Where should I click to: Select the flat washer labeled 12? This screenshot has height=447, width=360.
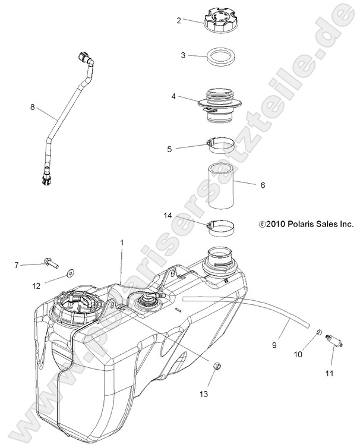pyautogui.click(x=71, y=273)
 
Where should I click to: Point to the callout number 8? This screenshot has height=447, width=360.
pyautogui.click(x=32, y=108)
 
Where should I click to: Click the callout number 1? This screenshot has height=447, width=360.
pyautogui.click(x=122, y=243)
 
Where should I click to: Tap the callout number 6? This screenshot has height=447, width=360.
pyautogui.click(x=262, y=185)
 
